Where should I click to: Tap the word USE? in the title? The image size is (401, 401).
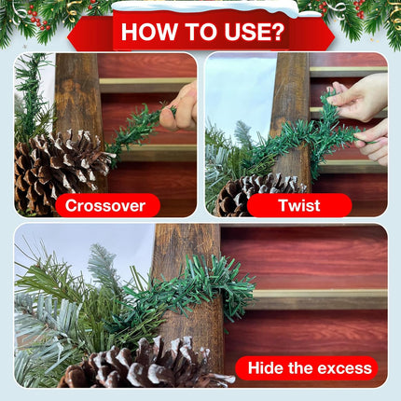(255, 32)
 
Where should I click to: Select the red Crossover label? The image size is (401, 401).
(107, 205)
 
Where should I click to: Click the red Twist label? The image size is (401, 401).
(299, 205)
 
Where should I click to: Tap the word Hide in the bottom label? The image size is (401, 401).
(266, 367)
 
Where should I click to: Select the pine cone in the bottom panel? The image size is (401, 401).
(146, 364)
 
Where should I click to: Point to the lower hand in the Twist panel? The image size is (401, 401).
(373, 142)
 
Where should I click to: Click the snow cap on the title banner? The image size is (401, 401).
(205, 7)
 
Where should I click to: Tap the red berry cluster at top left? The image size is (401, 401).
(38, 18)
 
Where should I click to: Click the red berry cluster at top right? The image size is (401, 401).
(358, 9)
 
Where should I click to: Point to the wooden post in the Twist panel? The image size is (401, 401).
(291, 118)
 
